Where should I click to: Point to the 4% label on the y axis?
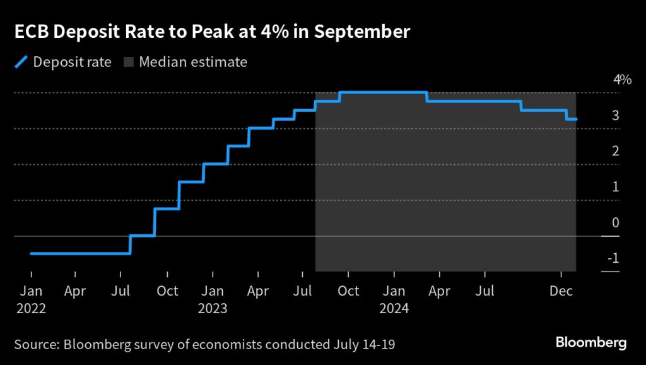(x=622, y=80)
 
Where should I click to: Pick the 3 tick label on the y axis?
(x=614, y=116)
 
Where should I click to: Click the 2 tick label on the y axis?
(x=614, y=151)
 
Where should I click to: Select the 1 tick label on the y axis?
(x=614, y=187)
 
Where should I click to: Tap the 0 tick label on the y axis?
(x=614, y=222)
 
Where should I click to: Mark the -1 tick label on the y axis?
(x=613, y=258)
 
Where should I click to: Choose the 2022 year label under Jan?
(x=31, y=309)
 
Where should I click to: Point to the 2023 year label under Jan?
(x=213, y=309)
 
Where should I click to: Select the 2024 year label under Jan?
(x=394, y=309)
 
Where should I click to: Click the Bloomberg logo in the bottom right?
(x=590, y=343)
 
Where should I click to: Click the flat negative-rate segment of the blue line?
(x=80, y=253)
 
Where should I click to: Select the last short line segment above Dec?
(x=571, y=119)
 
